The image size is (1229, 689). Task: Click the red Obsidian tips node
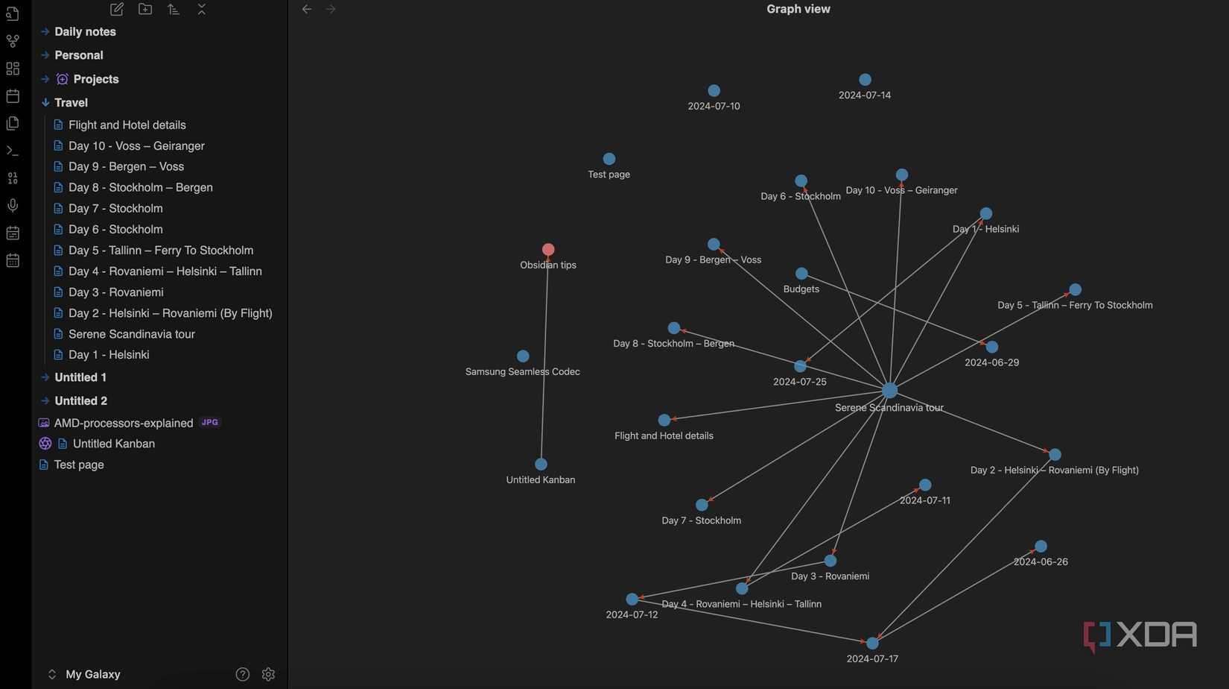pyautogui.click(x=548, y=250)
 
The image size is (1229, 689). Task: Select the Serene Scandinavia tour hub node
pyautogui.click(x=889, y=390)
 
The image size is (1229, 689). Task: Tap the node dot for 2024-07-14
pyautogui.click(x=865, y=80)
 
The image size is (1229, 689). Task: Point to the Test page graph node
pyautogui.click(x=609, y=159)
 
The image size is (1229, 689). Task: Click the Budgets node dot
pyautogui.click(x=801, y=273)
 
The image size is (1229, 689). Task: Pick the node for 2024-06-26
pyautogui.click(x=1041, y=546)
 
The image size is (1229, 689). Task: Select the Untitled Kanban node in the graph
pyautogui.click(x=541, y=465)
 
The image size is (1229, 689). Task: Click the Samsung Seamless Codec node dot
pyautogui.click(x=523, y=356)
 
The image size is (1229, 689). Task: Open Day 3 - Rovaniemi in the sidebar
pyautogui.click(x=115, y=292)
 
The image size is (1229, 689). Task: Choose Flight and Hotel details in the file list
pyautogui.click(x=127, y=125)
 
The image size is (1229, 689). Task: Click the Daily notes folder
pyautogui.click(x=85, y=32)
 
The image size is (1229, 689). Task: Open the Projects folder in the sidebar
pyautogui.click(x=96, y=79)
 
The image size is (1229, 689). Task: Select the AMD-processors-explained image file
pyautogui.click(x=124, y=423)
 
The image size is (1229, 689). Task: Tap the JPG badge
pyautogui.click(x=209, y=423)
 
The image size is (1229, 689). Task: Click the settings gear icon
pyautogui.click(x=268, y=674)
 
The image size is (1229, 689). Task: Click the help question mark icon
pyautogui.click(x=243, y=674)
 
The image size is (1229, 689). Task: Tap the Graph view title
pyautogui.click(x=798, y=9)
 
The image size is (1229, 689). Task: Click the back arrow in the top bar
pyautogui.click(x=307, y=9)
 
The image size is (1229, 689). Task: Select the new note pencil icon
pyautogui.click(x=117, y=10)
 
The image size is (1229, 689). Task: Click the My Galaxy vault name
pyautogui.click(x=92, y=674)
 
